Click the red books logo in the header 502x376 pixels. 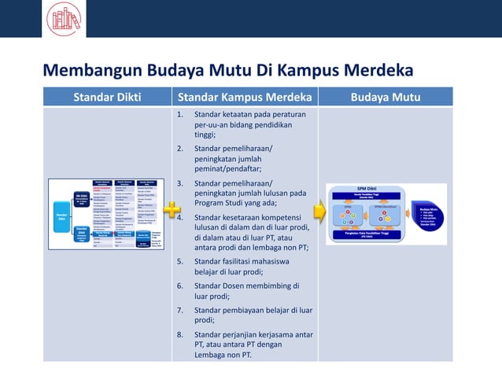(x=63, y=18)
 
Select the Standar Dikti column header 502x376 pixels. (x=107, y=98)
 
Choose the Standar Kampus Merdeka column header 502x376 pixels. (x=245, y=98)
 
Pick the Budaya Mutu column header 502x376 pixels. (x=386, y=98)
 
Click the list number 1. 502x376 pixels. (x=180, y=115)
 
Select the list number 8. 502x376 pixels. (x=180, y=334)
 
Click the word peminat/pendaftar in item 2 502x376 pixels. (x=227, y=168)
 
